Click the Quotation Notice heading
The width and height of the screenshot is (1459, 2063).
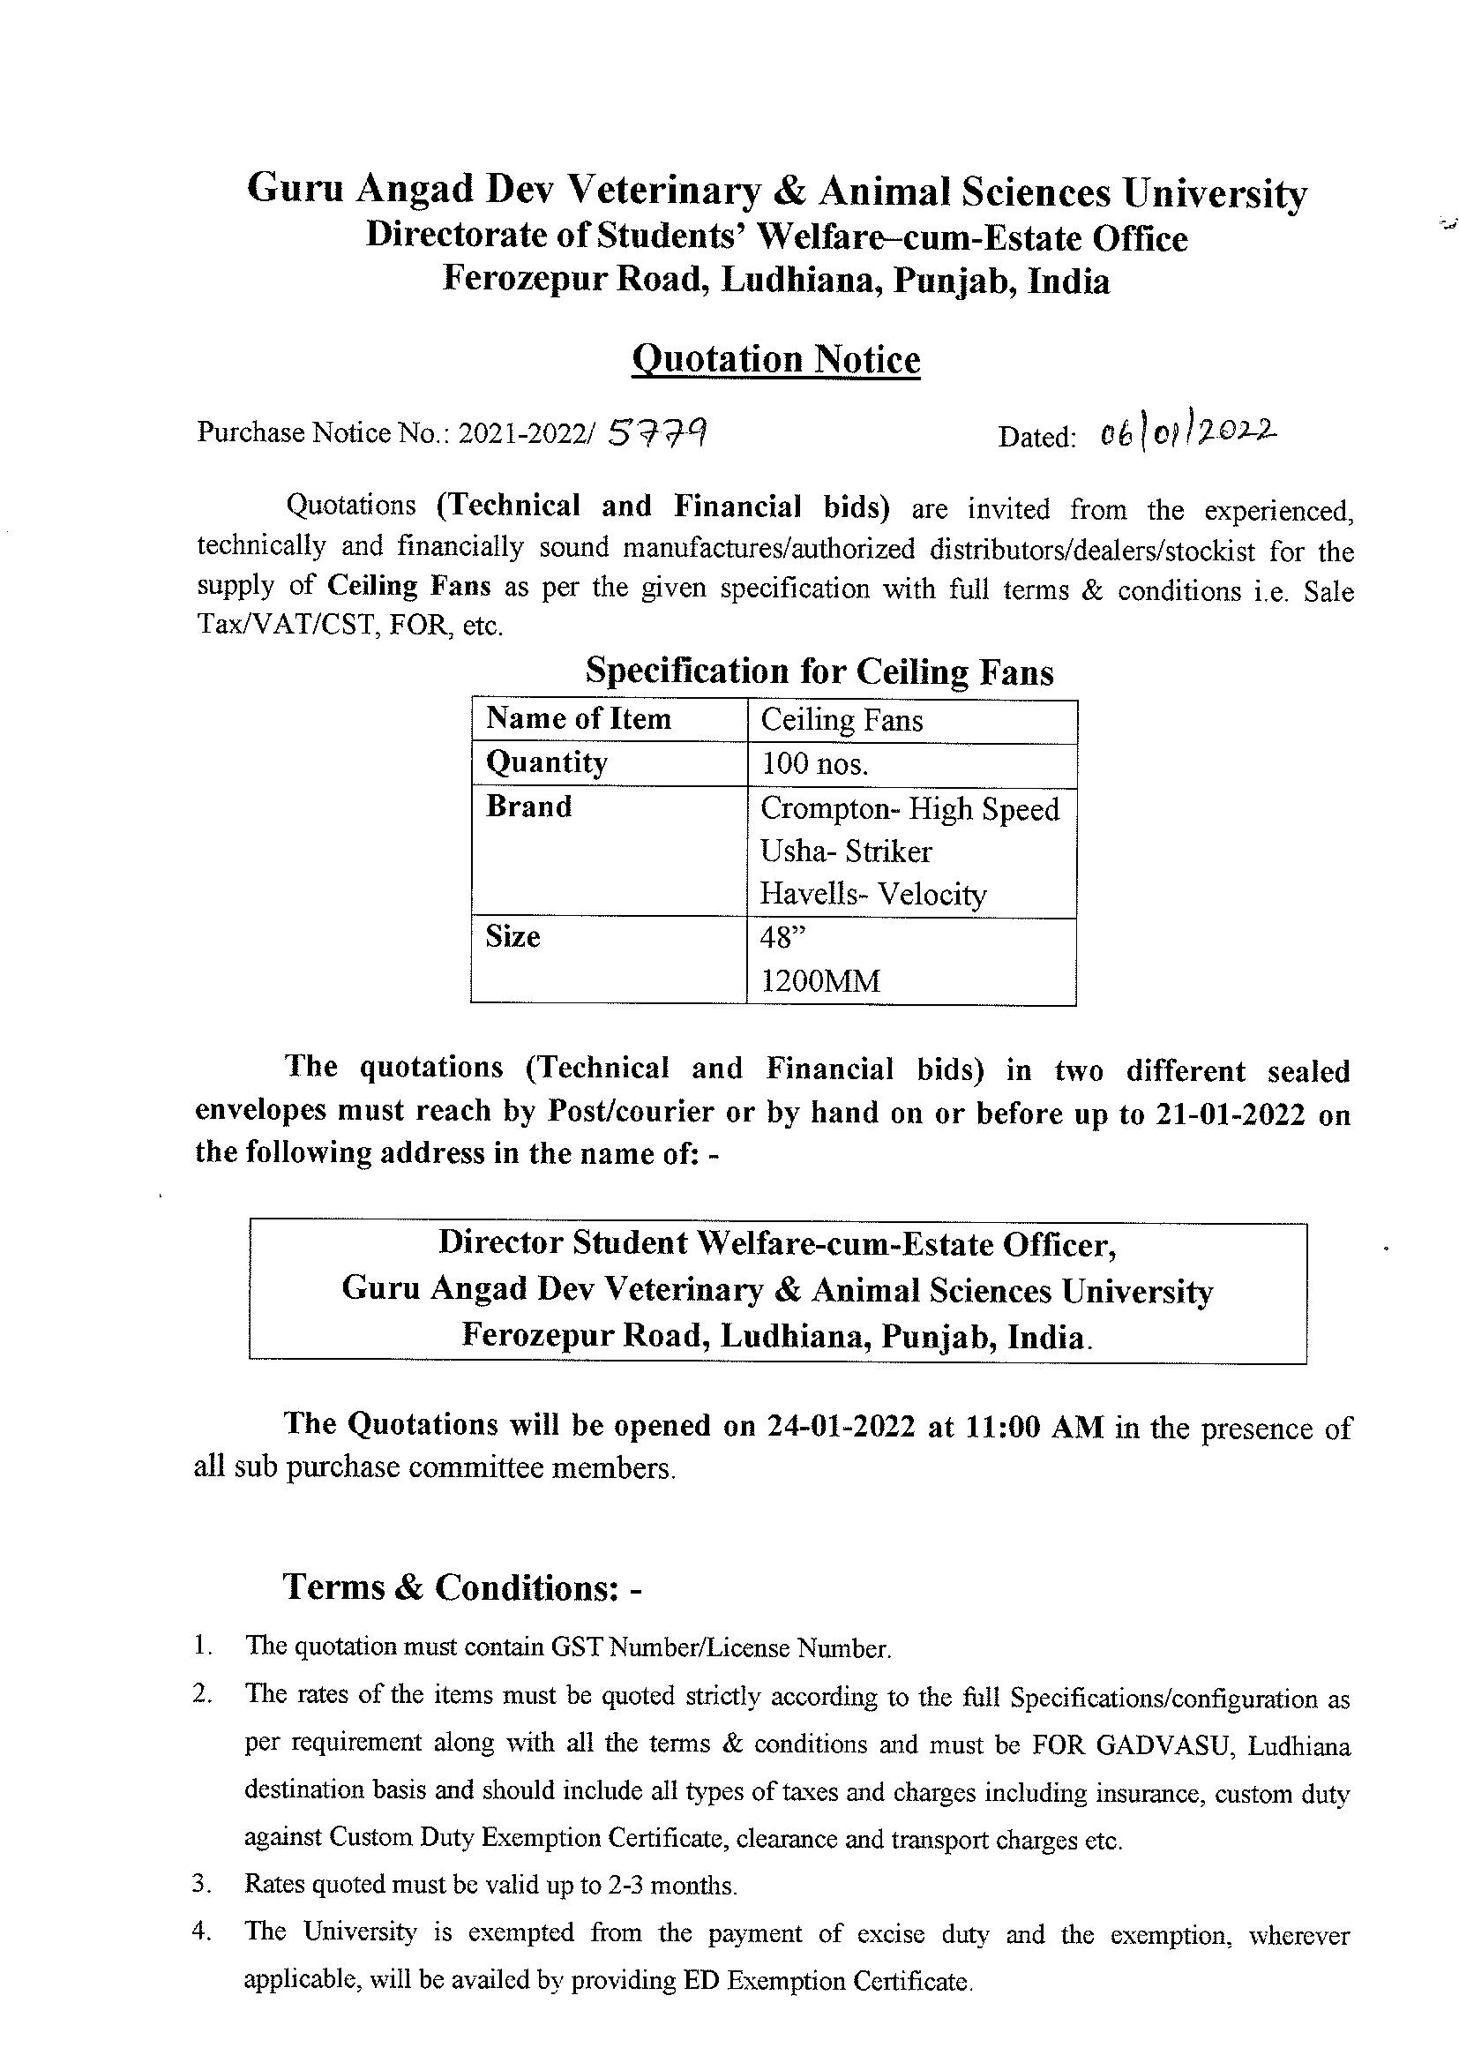click(x=776, y=359)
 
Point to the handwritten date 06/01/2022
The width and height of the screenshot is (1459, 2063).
click(x=1187, y=435)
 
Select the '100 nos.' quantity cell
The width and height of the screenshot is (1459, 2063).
click(x=814, y=764)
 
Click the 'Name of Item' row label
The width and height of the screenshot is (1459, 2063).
click(x=579, y=719)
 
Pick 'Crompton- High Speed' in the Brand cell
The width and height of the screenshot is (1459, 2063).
click(x=909, y=808)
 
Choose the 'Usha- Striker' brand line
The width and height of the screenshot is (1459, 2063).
click(x=845, y=851)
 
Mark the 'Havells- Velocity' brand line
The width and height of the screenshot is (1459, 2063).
click(x=872, y=894)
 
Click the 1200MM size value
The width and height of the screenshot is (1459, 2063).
click(x=819, y=981)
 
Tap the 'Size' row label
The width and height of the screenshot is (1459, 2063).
click(x=513, y=937)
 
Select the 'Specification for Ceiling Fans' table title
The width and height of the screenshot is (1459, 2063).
click(x=819, y=671)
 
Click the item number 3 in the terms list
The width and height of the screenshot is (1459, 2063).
click(x=200, y=1884)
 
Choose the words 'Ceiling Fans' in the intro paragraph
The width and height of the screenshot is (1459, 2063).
click(x=408, y=586)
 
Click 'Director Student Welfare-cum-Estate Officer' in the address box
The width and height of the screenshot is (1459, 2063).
click(x=777, y=1242)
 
